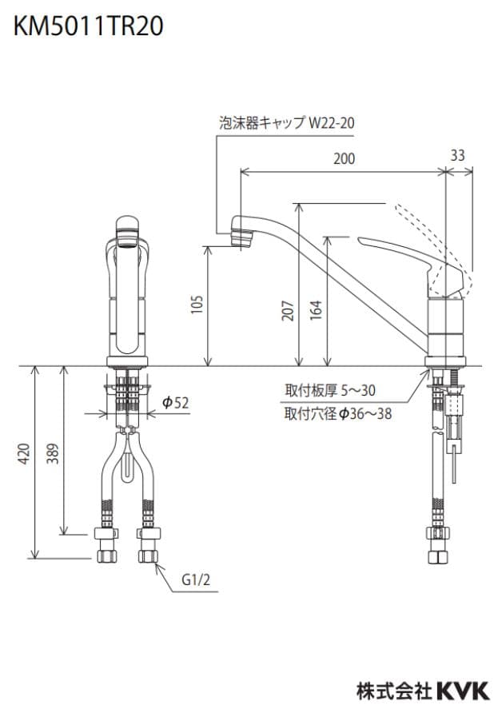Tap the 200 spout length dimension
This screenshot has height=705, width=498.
click(345, 159)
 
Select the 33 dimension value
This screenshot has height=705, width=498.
click(457, 156)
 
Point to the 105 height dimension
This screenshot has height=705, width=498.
click(198, 305)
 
